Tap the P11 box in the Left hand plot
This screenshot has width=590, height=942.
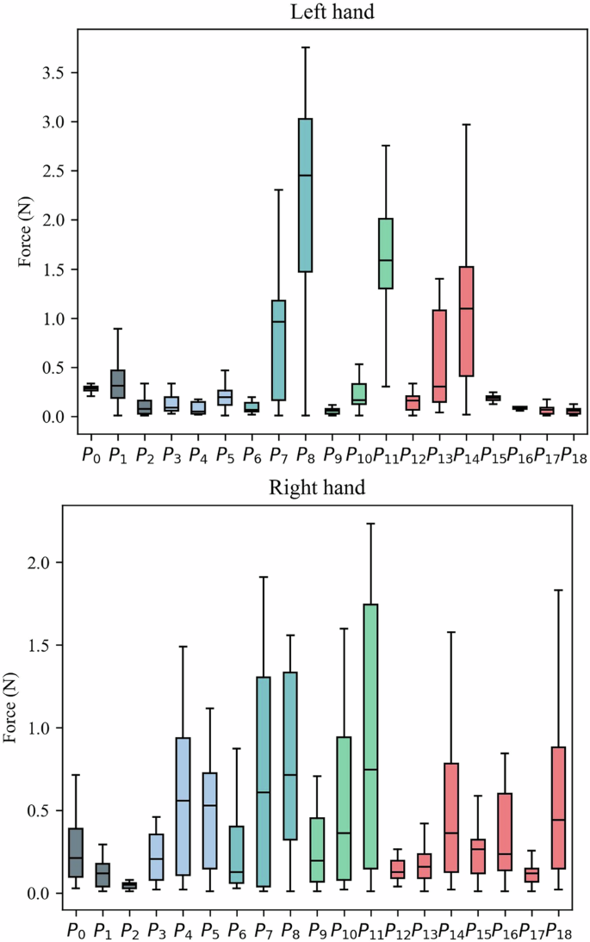pyautogui.click(x=386, y=254)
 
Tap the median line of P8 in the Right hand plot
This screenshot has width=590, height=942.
pyautogui.click(x=290, y=775)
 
